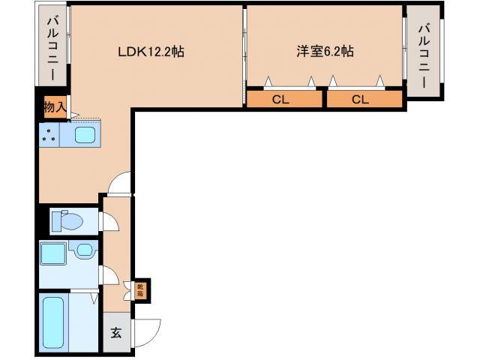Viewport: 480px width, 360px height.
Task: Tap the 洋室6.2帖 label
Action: (324, 52)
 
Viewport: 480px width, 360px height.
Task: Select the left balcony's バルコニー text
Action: (52, 48)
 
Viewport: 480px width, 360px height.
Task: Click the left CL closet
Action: (280, 99)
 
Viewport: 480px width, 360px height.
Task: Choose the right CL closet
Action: (361, 99)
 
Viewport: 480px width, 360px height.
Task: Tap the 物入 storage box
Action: (54, 106)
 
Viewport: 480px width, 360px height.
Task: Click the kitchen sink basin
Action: (84, 136)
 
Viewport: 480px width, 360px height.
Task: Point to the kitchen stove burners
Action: (51, 136)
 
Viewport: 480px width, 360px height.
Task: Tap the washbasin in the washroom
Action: (85, 249)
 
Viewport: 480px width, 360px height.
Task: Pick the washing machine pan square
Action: (53, 253)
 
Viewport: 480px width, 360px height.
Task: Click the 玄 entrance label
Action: (116, 333)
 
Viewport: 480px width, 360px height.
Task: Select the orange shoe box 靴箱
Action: (140, 289)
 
